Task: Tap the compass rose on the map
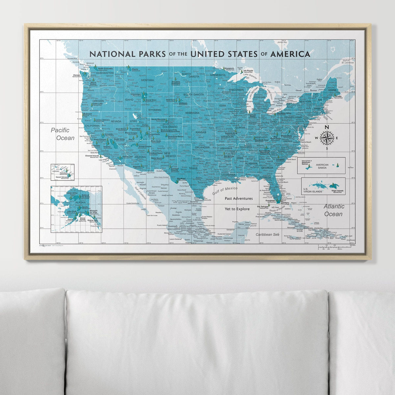(x=327, y=138)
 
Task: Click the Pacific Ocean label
(x=63, y=134)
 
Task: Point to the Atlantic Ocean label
(x=333, y=210)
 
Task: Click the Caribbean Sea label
(x=267, y=234)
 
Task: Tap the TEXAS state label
(x=193, y=169)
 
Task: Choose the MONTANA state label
(x=147, y=80)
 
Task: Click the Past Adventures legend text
(x=239, y=198)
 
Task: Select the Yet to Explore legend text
(x=237, y=209)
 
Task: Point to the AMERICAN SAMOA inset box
(x=321, y=165)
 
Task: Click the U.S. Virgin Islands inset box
(x=323, y=186)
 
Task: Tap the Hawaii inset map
(x=62, y=172)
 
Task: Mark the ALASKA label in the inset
(x=80, y=203)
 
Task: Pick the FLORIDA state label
(x=265, y=178)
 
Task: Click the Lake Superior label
(x=250, y=75)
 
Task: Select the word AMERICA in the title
(x=290, y=54)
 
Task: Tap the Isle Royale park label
(x=248, y=71)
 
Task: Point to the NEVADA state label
(x=116, y=121)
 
